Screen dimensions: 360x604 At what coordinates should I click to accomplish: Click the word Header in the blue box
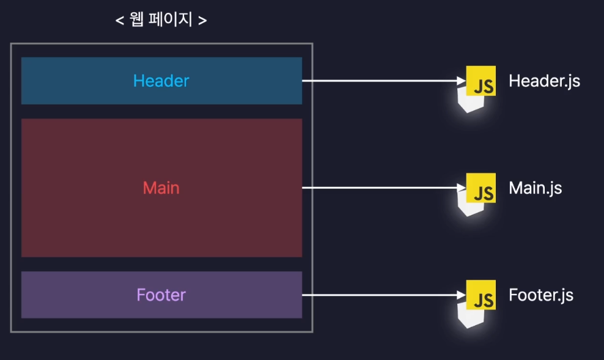161,81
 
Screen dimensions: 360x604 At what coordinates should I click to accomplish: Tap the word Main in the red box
161,188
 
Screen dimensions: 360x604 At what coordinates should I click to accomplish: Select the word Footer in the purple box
161,295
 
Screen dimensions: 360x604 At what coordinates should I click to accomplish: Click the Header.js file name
544,81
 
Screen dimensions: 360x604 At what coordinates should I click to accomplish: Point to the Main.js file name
535,188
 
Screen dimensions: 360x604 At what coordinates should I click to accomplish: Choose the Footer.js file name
541,295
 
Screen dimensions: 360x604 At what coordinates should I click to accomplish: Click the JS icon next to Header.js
481,81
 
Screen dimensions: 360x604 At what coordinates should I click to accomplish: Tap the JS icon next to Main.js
481,188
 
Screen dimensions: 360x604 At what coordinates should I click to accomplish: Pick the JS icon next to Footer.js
481,296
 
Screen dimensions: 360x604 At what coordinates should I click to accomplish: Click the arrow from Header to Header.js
379,81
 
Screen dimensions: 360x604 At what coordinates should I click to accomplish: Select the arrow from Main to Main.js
379,188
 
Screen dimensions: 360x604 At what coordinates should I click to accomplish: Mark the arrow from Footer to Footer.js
379,295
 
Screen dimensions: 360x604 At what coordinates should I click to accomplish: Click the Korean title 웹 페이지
161,20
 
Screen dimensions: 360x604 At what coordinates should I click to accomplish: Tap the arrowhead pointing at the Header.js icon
461,81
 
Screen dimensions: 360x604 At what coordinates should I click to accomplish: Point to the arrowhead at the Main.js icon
461,188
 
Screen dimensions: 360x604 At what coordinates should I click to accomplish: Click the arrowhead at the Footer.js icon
461,295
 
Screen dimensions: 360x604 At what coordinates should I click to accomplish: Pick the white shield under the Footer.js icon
470,315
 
